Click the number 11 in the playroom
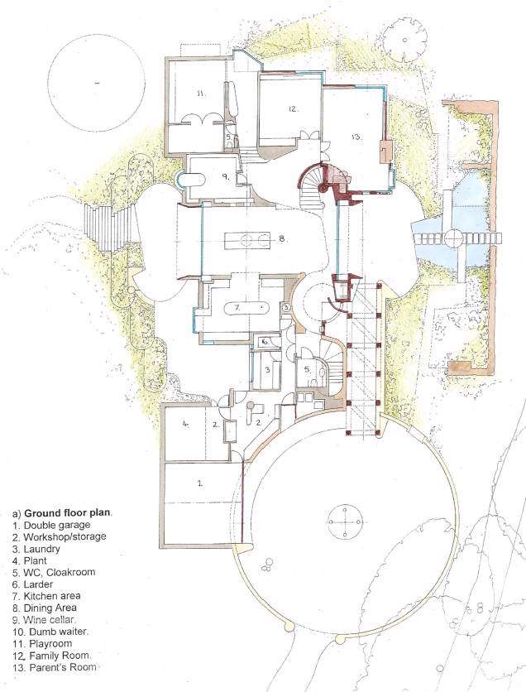201,93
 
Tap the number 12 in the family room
294,108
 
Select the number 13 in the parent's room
356,137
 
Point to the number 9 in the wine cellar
225,177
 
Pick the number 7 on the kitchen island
237,308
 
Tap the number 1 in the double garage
199,483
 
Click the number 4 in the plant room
186,424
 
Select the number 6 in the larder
265,342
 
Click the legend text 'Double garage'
57,525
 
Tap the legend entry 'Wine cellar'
50,620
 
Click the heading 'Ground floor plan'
68,513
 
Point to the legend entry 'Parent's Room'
63,667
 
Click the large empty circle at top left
96,84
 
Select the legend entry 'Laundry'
41,549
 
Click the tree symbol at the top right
404,41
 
